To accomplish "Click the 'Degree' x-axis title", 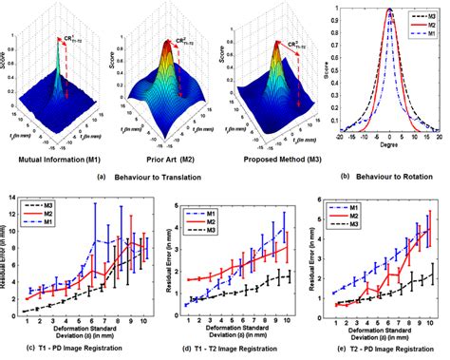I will pos(389,144).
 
